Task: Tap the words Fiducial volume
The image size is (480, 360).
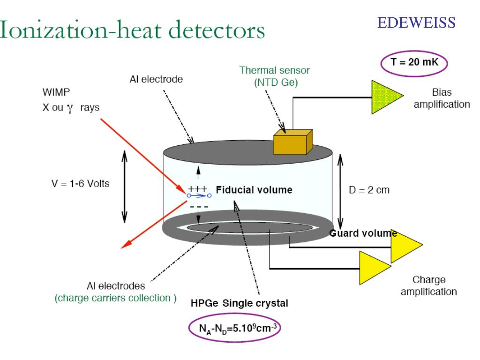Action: [254, 190]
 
